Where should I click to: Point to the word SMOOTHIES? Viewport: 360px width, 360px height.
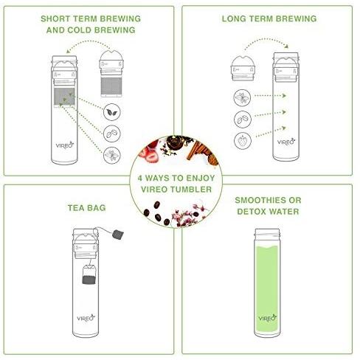click(x=260, y=200)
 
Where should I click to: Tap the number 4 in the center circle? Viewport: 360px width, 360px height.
click(x=140, y=178)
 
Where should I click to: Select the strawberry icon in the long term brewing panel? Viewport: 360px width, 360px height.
click(x=243, y=141)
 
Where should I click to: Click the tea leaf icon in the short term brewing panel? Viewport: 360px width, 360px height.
click(x=112, y=112)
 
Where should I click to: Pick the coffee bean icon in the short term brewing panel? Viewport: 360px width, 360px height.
click(x=112, y=134)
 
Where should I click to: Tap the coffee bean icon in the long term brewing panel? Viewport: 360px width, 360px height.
click(x=243, y=120)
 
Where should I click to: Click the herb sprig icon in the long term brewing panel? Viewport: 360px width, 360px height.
click(x=242, y=98)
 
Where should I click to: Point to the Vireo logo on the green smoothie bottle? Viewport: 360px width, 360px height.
click(x=268, y=318)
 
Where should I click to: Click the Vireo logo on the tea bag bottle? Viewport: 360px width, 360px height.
click(x=86, y=318)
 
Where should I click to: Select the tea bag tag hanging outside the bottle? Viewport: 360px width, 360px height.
click(x=118, y=234)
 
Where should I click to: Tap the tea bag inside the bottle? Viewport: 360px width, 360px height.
click(x=89, y=274)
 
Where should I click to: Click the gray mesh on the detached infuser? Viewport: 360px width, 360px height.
click(x=111, y=86)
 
